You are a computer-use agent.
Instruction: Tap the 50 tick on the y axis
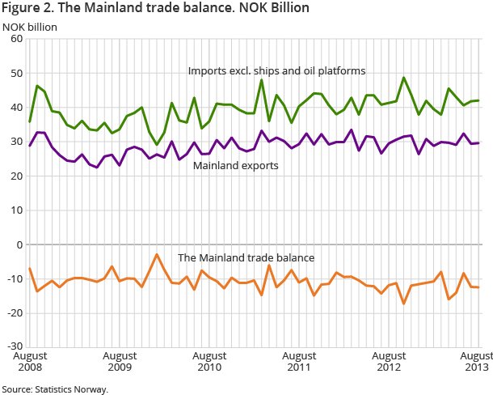coord(16,73)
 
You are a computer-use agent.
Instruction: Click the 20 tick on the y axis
coord(16,176)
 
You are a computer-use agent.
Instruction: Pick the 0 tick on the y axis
coord(19,244)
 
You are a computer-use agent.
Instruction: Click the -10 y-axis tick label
coord(15,278)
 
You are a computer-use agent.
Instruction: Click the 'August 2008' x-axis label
coord(29,361)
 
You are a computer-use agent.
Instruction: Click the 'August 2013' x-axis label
coord(475,361)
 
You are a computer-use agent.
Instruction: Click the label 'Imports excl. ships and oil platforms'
coord(276,70)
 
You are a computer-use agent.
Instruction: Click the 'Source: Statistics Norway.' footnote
coord(55,389)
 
